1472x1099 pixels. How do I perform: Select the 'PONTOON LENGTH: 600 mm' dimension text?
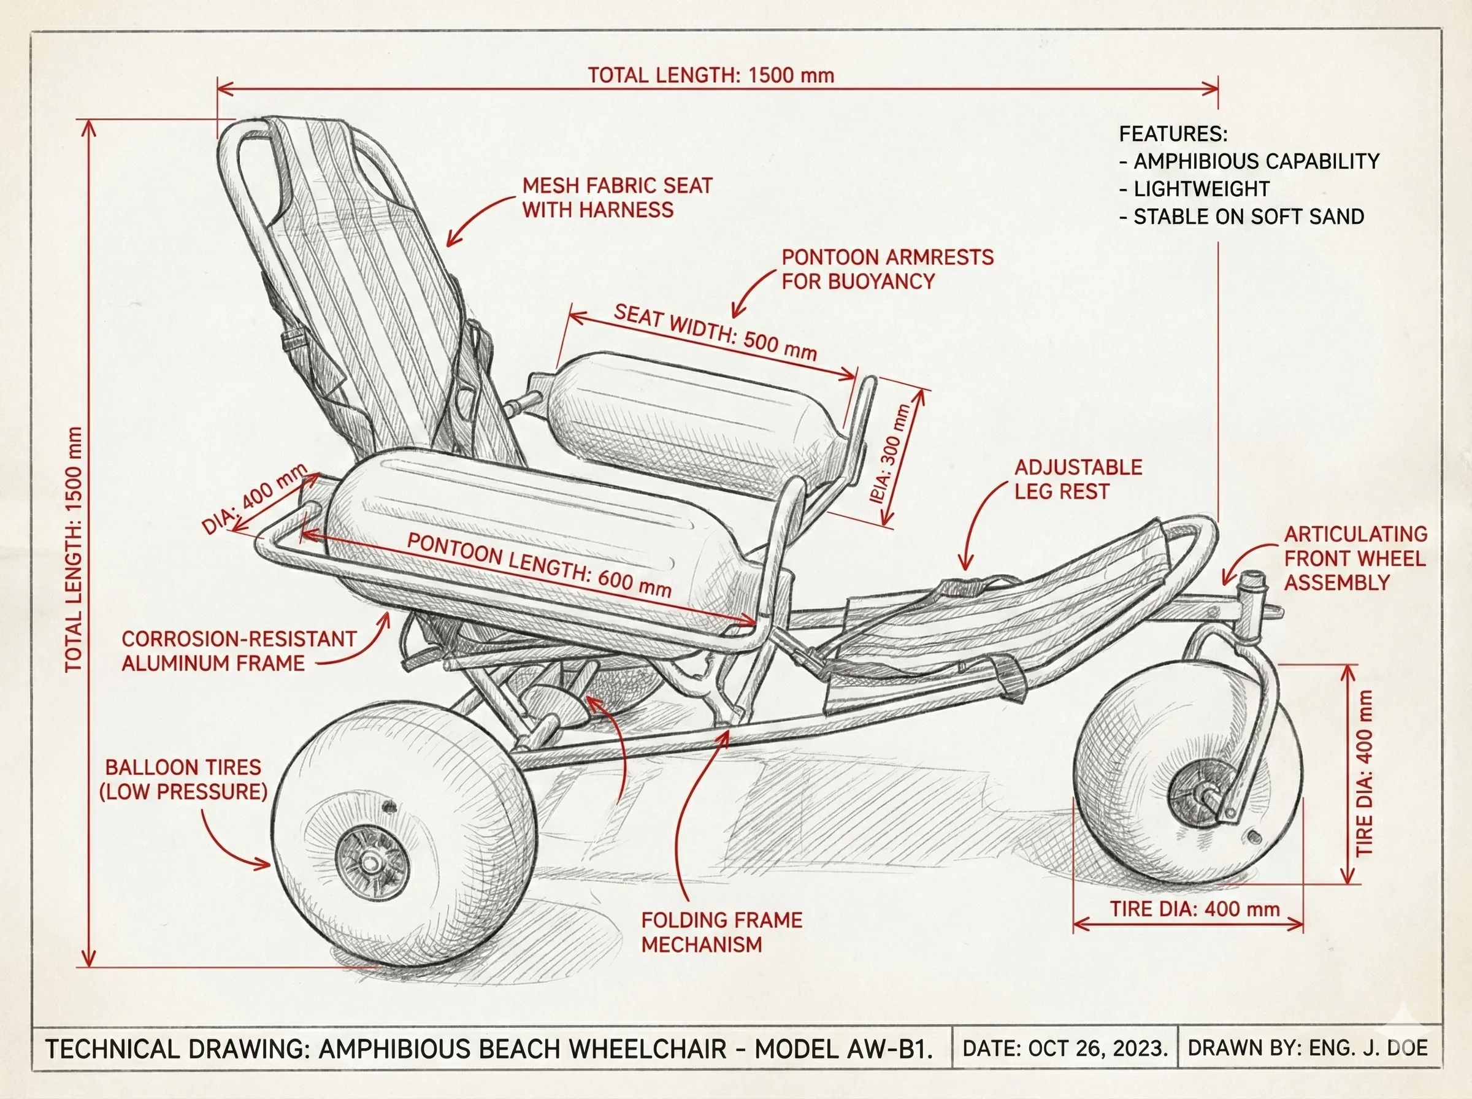(x=539, y=565)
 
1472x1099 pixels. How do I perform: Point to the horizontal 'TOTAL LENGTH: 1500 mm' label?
(x=710, y=75)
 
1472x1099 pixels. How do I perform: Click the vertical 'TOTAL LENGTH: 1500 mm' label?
(x=74, y=549)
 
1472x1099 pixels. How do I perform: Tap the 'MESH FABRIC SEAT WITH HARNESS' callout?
(x=616, y=197)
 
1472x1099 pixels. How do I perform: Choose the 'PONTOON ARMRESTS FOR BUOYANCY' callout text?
(x=887, y=269)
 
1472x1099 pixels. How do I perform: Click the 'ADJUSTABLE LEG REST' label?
(x=1078, y=479)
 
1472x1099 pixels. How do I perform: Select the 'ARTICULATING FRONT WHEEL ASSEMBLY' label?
(x=1354, y=558)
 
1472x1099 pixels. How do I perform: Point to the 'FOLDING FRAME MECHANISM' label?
(x=721, y=932)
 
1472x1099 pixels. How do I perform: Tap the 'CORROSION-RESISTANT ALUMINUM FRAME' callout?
(x=238, y=651)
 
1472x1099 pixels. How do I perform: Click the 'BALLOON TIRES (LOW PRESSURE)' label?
(x=183, y=779)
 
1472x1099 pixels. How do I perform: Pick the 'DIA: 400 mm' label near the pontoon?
(x=254, y=499)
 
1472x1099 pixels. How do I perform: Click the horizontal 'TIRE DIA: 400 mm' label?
(x=1195, y=909)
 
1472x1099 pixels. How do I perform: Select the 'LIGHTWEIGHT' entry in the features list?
(x=1202, y=189)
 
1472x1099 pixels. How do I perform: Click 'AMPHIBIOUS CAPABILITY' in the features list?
(x=1256, y=161)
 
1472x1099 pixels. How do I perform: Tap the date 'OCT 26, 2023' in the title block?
(x=1097, y=1049)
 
